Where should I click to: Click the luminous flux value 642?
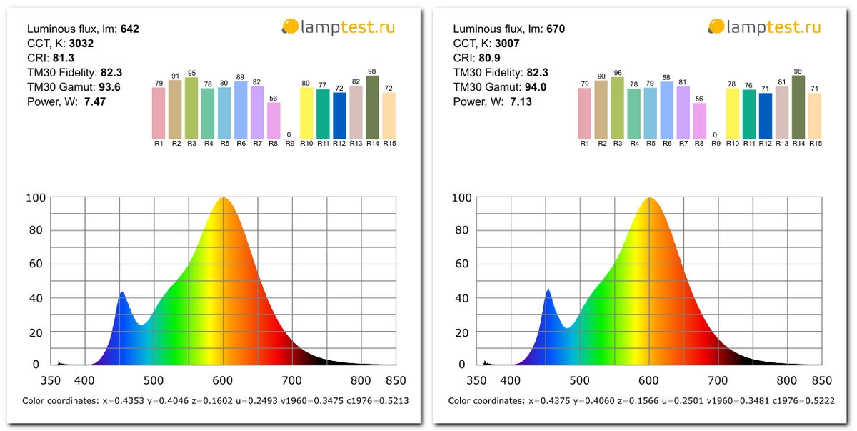pyautogui.click(x=129, y=29)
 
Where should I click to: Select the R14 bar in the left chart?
pyautogui.click(x=372, y=107)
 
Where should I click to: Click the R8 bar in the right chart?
pyautogui.click(x=700, y=121)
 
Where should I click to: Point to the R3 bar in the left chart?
pyautogui.click(x=191, y=108)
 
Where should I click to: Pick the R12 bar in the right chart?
pyautogui.click(x=766, y=116)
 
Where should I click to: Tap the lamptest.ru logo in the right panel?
pyautogui.click(x=764, y=27)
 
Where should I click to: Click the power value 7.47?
pyautogui.click(x=95, y=101)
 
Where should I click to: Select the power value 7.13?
pyautogui.click(x=521, y=101)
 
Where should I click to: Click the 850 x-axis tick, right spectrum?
pyautogui.click(x=821, y=380)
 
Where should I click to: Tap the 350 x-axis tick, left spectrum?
pyautogui.click(x=51, y=380)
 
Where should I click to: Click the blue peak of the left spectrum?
pyautogui.click(x=122, y=292)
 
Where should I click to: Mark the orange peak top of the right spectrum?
pyautogui.click(x=649, y=198)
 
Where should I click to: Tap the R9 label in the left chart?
pyautogui.click(x=289, y=144)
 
